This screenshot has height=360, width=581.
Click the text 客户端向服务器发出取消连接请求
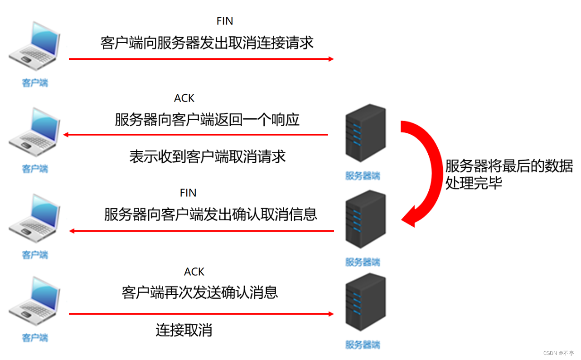[x=207, y=43]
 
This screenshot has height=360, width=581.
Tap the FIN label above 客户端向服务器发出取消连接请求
[x=225, y=21]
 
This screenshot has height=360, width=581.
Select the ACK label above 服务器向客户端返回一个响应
[x=184, y=98]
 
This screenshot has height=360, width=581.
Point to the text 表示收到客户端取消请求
[x=208, y=156]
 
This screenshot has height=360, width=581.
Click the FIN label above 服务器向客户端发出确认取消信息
[x=188, y=193]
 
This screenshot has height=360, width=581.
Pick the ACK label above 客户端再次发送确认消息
[x=194, y=272]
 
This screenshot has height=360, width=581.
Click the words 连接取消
[x=184, y=330]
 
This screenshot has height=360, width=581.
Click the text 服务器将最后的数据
[x=509, y=166]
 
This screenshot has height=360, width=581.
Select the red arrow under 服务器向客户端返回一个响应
[x=195, y=135]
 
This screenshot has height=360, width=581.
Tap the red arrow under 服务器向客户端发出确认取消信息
[x=201, y=231]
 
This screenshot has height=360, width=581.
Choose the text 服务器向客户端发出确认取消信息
[x=211, y=214]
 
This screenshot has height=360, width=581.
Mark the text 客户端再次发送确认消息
[x=200, y=292]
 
